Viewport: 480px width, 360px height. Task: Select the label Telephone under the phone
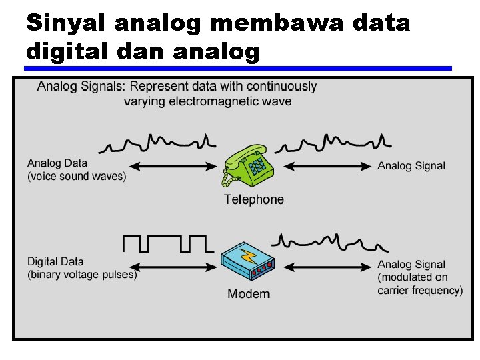(253, 199)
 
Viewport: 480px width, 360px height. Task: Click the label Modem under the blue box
(249, 294)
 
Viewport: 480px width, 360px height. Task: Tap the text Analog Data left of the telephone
(57, 163)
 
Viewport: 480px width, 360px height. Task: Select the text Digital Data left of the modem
(56, 262)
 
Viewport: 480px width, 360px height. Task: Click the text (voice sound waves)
(77, 176)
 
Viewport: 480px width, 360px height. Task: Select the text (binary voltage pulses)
(82, 275)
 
